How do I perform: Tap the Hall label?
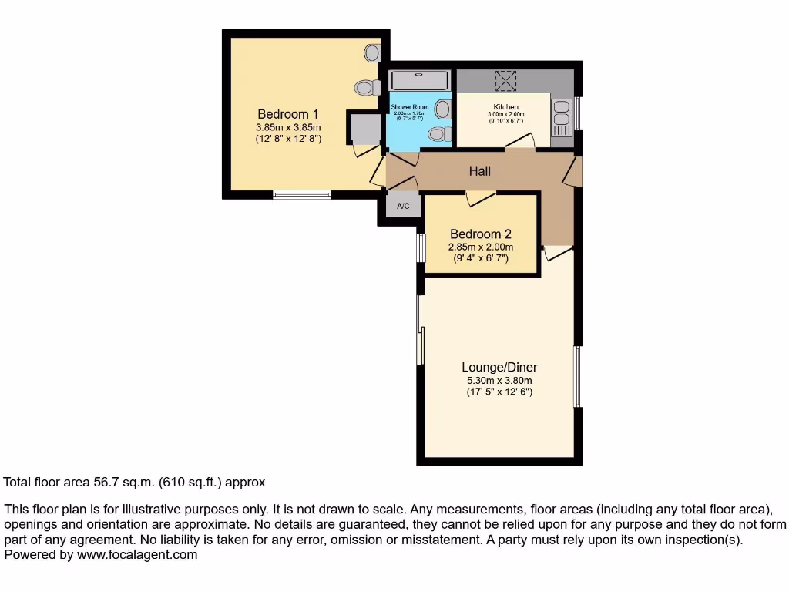pos(479,171)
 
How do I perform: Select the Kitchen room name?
pos(505,106)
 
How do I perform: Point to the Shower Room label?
pos(409,107)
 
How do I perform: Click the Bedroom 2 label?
pos(481,234)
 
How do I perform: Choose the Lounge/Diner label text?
pos(499,367)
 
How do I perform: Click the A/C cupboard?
pos(403,206)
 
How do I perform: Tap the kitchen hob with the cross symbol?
pos(505,80)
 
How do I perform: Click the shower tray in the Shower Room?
pos(419,80)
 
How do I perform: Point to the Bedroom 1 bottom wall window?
pos(302,194)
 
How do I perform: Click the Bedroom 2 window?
pos(421,248)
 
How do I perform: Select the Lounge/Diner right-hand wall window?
pos(577,376)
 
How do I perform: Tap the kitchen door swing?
pos(519,141)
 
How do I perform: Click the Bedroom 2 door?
pos(481,199)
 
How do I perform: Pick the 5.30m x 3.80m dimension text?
pos(499,380)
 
